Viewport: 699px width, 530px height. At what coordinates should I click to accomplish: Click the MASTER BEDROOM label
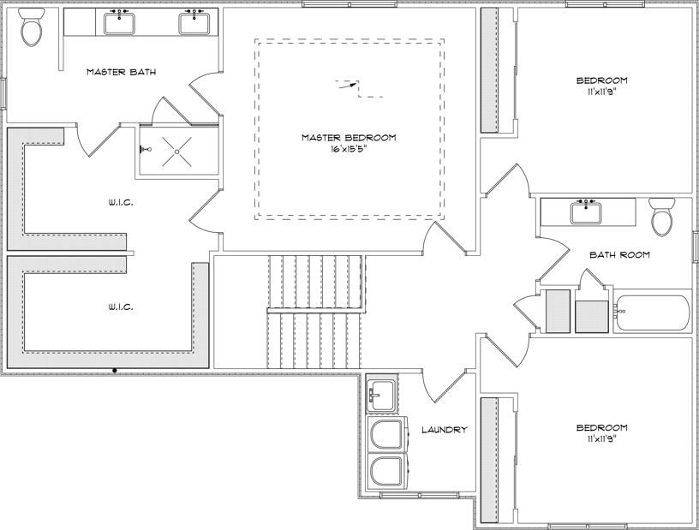click(x=349, y=137)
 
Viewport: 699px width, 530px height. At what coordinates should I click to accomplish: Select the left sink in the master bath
click(x=118, y=22)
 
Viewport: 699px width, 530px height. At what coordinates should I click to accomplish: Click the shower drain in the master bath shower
click(x=176, y=151)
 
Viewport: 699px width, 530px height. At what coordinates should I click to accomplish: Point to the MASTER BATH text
click(x=121, y=72)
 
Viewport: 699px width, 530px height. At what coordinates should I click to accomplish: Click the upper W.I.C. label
click(x=121, y=203)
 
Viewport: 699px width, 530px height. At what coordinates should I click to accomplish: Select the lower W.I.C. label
click(x=121, y=306)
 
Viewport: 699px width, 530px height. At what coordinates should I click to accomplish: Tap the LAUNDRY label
click(x=444, y=430)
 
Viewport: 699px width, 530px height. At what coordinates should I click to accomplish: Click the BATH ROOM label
click(x=619, y=254)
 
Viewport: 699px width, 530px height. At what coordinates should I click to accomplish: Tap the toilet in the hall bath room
click(x=662, y=218)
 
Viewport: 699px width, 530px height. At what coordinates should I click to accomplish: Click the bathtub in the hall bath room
click(x=652, y=313)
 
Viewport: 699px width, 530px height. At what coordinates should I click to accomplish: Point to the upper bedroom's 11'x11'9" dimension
click(x=601, y=91)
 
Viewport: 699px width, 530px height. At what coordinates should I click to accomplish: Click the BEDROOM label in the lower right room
click(x=601, y=427)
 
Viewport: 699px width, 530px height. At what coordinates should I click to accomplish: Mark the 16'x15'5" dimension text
click(x=349, y=149)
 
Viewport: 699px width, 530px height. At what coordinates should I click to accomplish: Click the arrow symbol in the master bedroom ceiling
click(x=345, y=85)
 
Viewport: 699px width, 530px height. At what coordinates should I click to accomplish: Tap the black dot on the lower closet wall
click(x=115, y=370)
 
